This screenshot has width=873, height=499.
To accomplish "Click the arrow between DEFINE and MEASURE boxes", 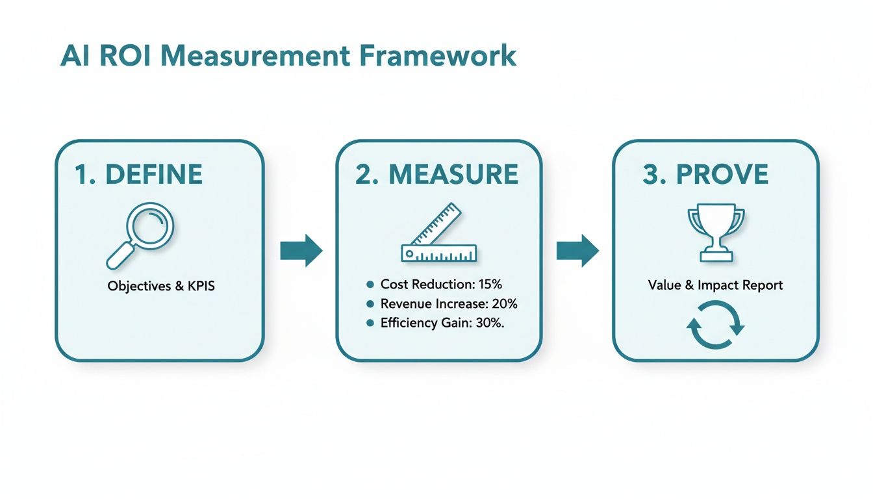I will (301, 250).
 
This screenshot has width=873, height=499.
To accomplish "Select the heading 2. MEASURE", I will (436, 175).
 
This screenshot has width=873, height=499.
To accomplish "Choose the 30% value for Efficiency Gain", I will (488, 323).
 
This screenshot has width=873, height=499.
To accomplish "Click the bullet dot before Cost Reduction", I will (370, 284).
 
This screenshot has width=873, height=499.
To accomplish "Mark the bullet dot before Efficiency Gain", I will (370, 323).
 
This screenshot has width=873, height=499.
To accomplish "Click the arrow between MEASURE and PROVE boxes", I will (577, 250).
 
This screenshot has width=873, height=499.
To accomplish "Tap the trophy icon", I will (716, 235).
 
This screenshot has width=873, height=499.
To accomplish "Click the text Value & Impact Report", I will (715, 285).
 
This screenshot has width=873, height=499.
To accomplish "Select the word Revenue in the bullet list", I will (404, 303).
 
